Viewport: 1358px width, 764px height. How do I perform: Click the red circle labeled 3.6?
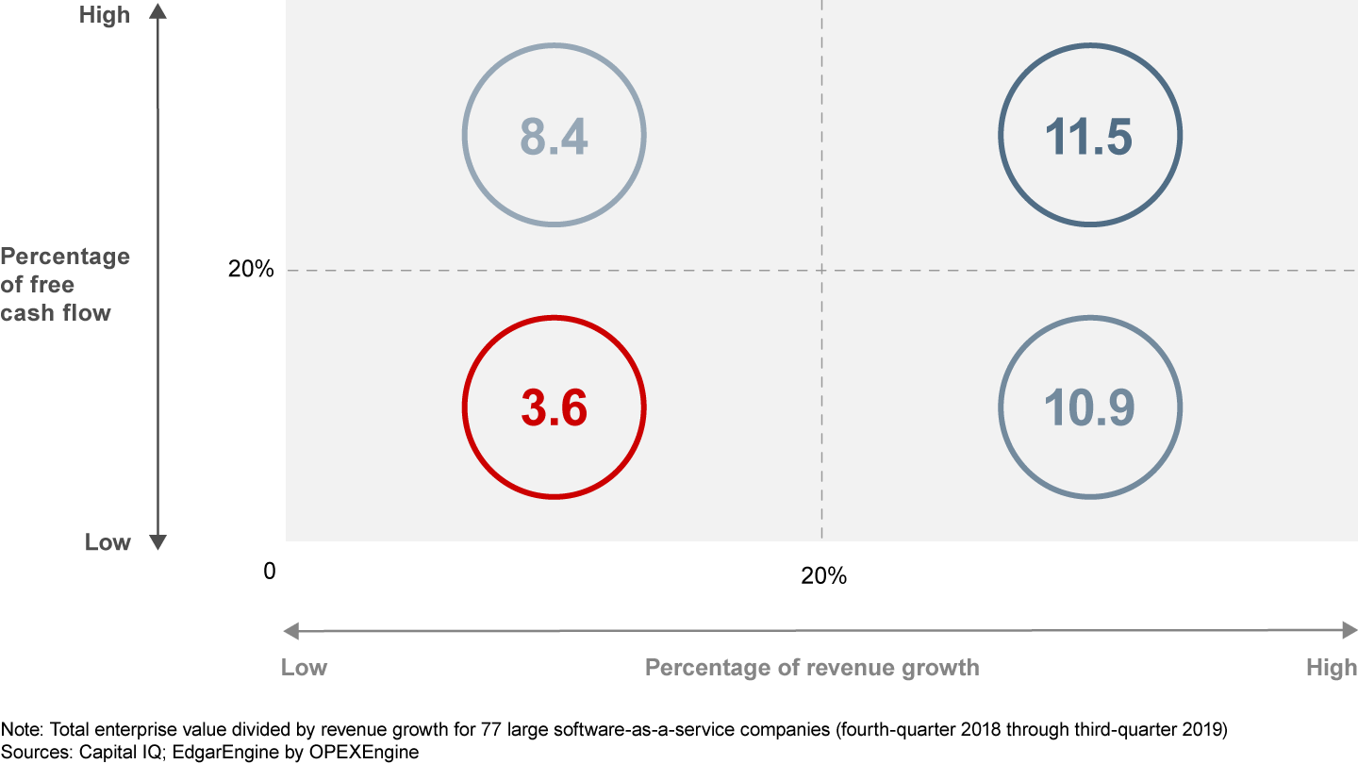(x=554, y=407)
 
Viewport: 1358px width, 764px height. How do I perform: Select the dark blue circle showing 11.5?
(x=1090, y=136)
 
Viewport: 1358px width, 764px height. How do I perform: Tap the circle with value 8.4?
(x=554, y=136)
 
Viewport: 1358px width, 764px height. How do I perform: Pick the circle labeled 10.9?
(x=1090, y=407)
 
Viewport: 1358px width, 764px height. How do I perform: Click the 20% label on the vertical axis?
(x=251, y=270)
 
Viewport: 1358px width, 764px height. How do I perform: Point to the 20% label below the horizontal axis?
(x=823, y=575)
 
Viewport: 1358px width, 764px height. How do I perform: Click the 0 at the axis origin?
(x=270, y=572)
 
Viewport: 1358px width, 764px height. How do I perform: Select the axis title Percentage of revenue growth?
(x=812, y=668)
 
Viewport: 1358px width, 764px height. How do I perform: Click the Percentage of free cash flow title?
(x=64, y=284)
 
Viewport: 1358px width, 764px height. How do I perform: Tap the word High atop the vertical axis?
(x=105, y=15)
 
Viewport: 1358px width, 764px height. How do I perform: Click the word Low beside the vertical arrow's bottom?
(x=108, y=542)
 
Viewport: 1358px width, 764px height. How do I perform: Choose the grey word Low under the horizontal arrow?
(x=304, y=668)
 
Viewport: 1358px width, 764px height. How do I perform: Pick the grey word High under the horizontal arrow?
(x=1331, y=668)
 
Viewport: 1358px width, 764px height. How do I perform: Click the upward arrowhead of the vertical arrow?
(x=157, y=11)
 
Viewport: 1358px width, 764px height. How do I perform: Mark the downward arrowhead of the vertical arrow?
(x=157, y=542)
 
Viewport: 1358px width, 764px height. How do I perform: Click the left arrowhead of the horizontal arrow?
(x=290, y=630)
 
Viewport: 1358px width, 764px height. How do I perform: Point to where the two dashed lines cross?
(x=822, y=271)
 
